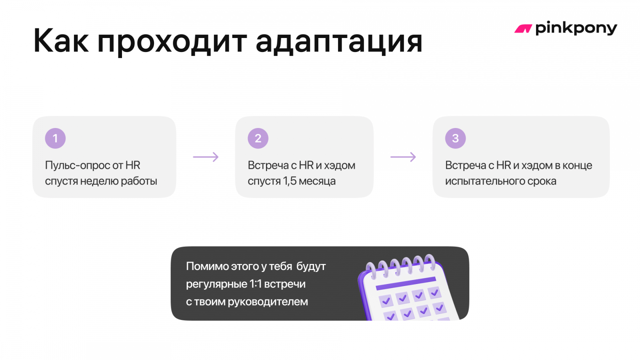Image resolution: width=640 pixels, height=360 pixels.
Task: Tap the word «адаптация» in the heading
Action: pos(339,42)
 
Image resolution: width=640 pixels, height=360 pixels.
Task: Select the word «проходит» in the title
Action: pos(172,42)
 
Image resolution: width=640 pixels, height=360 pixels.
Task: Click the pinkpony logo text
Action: pos(576,28)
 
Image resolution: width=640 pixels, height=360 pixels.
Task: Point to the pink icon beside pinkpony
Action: pos(523,29)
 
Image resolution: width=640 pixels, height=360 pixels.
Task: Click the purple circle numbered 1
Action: pos(55,138)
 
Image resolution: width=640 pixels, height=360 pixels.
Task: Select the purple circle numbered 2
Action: pos(258,138)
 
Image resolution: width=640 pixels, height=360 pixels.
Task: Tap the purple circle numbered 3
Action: pos(455,138)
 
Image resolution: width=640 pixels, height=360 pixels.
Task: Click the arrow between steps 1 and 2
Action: pos(206,157)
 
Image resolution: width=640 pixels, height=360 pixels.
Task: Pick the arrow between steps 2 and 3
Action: pos(403,157)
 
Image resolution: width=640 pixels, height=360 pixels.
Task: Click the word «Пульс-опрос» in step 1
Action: pos(78,166)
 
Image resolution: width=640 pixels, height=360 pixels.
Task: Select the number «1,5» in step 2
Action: pos(290,181)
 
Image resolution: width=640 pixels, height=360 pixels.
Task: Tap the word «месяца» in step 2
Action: pos(317,181)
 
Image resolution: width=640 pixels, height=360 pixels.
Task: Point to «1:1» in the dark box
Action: pos(256,284)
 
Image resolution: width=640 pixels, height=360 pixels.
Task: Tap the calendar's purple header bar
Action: pos(406,283)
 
